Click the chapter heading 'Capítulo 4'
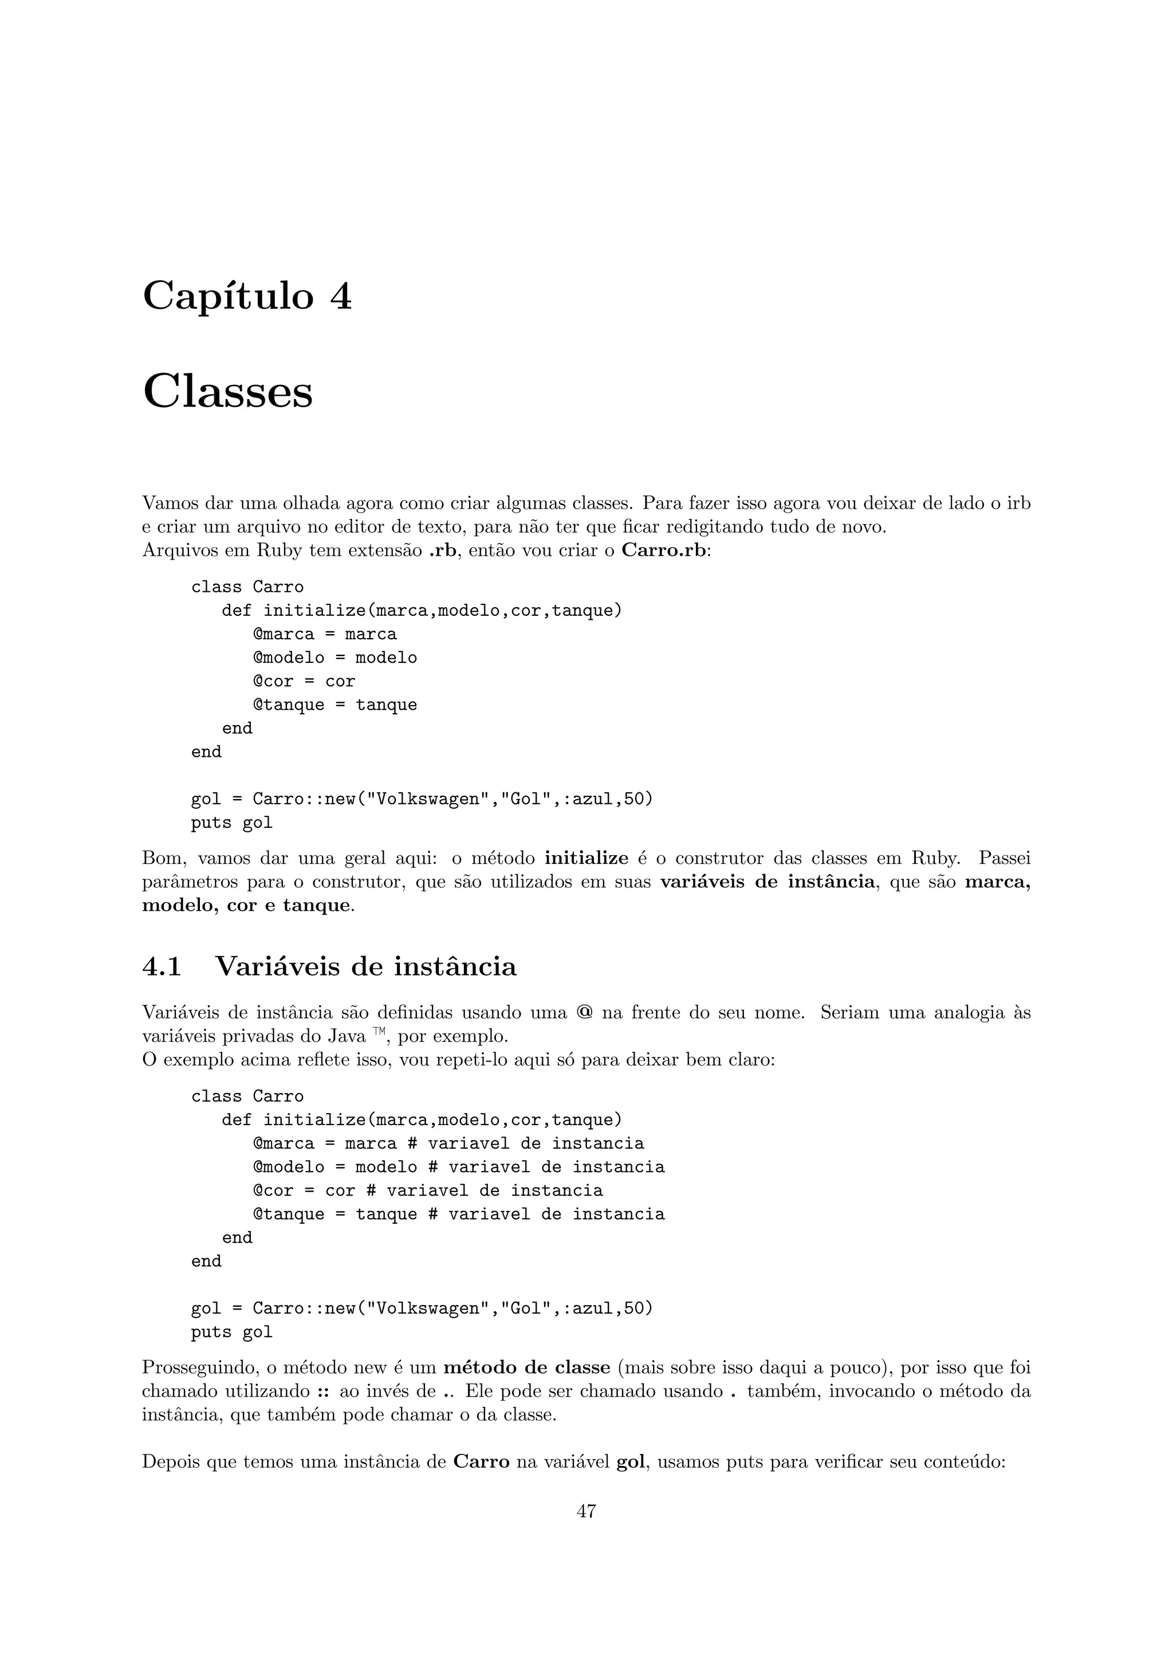pos(247,296)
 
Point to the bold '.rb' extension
pos(443,550)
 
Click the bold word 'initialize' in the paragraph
pos(586,858)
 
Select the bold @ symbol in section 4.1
pos(584,1012)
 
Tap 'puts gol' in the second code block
pos(231,1332)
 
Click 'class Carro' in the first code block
pos(247,587)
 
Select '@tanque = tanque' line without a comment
pos(334,705)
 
